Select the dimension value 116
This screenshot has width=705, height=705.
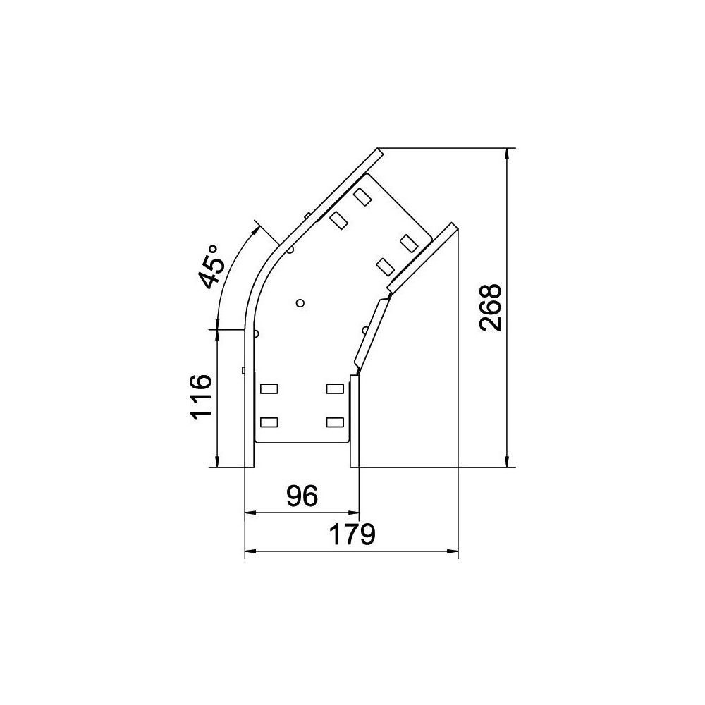(201, 397)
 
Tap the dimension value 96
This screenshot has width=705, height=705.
(302, 496)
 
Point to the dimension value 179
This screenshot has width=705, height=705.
(352, 534)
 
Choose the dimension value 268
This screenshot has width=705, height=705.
(490, 307)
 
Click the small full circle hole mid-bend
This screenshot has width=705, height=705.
(300, 303)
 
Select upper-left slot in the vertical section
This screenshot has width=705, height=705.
(269, 388)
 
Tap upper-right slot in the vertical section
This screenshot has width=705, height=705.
(335, 388)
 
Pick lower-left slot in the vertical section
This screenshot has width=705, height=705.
(269, 422)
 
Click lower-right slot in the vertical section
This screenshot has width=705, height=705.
(335, 422)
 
